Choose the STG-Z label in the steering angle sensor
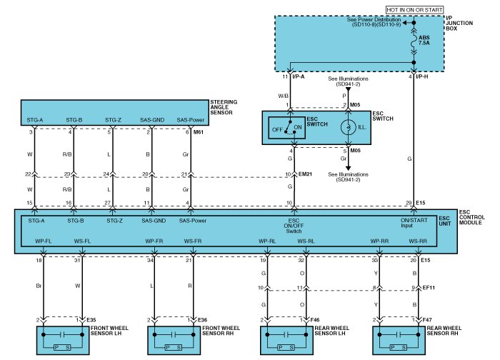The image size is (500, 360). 114,119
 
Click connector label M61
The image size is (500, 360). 199,132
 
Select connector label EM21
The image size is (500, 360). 306,174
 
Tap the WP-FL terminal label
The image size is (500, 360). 44,241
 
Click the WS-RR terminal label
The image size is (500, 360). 419,241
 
